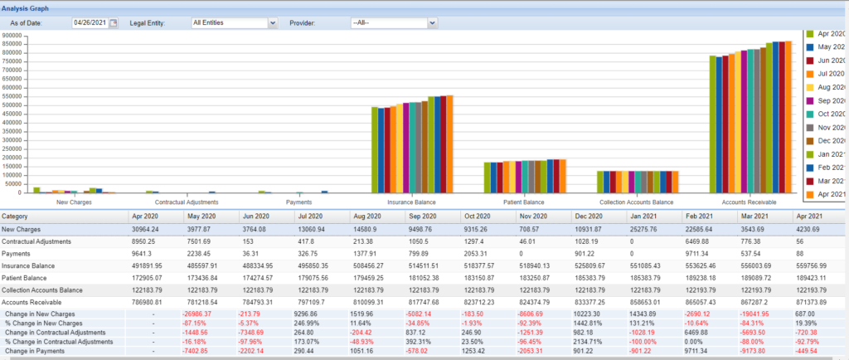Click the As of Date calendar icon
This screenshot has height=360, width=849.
(x=114, y=22)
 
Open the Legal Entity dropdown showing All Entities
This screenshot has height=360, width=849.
(x=234, y=22)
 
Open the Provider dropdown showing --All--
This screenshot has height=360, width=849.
(x=394, y=22)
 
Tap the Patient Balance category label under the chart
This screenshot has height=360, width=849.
(x=523, y=202)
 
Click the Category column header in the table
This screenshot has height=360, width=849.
(x=17, y=216)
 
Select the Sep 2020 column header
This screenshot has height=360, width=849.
(x=422, y=216)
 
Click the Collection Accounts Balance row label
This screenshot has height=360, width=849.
(x=42, y=290)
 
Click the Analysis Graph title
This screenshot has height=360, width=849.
(x=24, y=7)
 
